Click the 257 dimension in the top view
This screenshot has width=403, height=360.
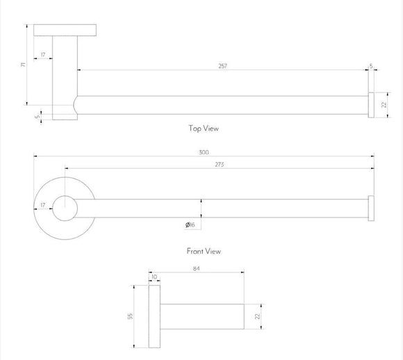click(x=222, y=66)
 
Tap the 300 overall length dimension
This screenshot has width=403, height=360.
click(x=204, y=152)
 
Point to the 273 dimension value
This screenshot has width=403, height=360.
click(x=219, y=164)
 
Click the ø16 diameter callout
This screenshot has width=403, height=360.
click(x=190, y=224)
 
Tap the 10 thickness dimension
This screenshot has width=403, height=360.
click(x=154, y=277)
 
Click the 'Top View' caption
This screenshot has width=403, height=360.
click(x=203, y=128)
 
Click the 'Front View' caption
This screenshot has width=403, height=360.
click(x=203, y=252)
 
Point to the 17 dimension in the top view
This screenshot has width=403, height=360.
click(x=43, y=54)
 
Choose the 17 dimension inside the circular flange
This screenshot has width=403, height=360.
click(x=43, y=206)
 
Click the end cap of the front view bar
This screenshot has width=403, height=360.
click(x=371, y=207)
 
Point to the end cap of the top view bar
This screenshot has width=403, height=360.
click(x=371, y=104)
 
